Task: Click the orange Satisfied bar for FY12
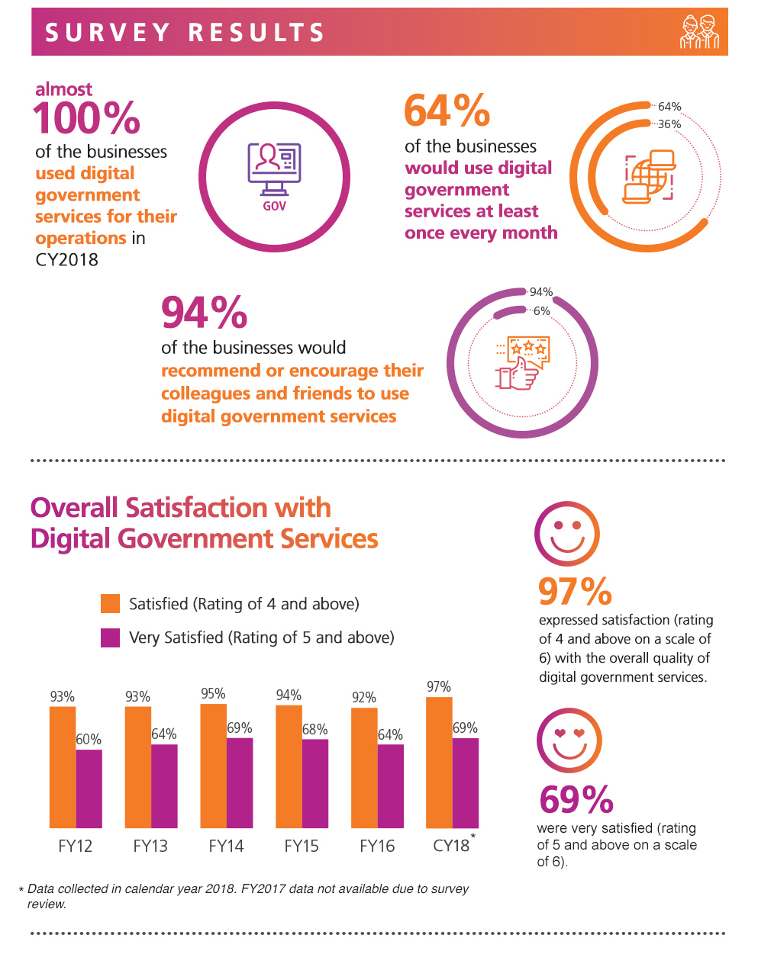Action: pyautogui.click(x=63, y=766)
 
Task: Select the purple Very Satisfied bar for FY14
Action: pyautogui.click(x=240, y=782)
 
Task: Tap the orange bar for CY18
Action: pyautogui.click(x=439, y=763)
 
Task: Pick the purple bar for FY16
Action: pyautogui.click(x=391, y=785)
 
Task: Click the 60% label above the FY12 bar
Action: pyautogui.click(x=89, y=739)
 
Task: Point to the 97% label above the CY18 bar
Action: pyautogui.click(x=439, y=686)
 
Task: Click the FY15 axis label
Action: pyautogui.click(x=302, y=846)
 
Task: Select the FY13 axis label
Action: pyautogui.click(x=150, y=846)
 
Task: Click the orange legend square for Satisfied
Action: pyautogui.click(x=111, y=604)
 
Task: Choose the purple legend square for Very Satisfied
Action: pyautogui.click(x=111, y=638)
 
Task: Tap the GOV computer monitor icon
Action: pyautogui.click(x=274, y=172)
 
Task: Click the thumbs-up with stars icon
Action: pyautogui.click(x=522, y=363)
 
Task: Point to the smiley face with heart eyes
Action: pyautogui.click(x=569, y=740)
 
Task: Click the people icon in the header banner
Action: pyautogui.click(x=699, y=32)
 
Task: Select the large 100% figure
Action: pyautogui.click(x=86, y=118)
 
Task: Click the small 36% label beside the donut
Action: pyautogui.click(x=669, y=124)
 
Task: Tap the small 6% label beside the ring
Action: pyautogui.click(x=541, y=311)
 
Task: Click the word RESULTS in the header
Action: pyautogui.click(x=257, y=33)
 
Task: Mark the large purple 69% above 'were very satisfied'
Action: pyautogui.click(x=576, y=799)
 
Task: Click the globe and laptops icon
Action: pyautogui.click(x=650, y=177)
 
